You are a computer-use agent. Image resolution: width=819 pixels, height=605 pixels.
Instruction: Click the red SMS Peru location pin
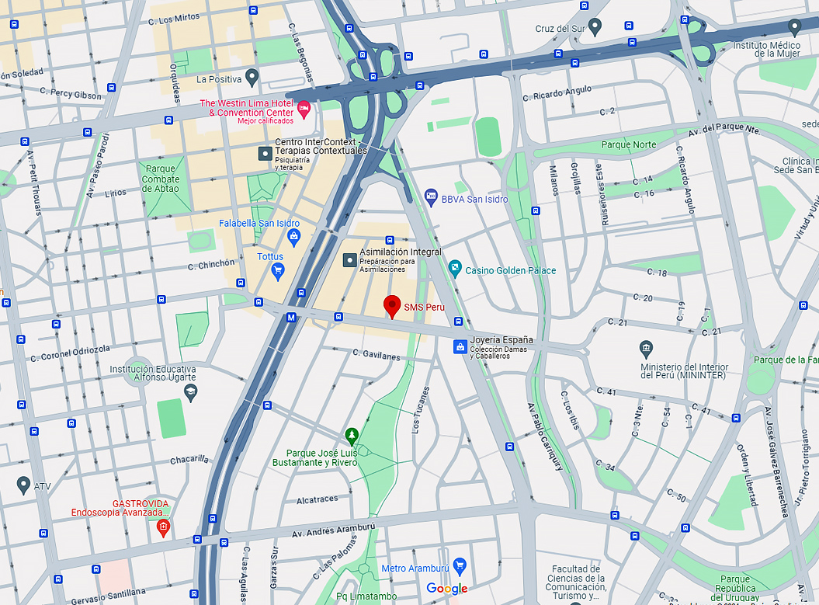tap(392, 306)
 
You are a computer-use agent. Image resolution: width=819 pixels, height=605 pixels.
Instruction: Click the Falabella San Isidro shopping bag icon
tap(293, 237)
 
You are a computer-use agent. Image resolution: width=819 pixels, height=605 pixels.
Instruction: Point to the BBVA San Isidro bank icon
tap(431, 199)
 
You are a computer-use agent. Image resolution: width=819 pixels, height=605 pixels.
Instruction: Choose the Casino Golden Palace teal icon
tap(455, 270)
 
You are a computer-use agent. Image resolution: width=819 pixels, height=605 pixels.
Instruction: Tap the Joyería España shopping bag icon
tap(460, 346)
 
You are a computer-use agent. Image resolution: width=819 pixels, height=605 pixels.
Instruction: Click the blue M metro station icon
tap(291, 317)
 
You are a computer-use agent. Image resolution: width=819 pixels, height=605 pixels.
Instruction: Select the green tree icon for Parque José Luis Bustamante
tap(351, 434)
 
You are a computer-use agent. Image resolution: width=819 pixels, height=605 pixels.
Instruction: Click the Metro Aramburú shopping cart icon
tap(459, 566)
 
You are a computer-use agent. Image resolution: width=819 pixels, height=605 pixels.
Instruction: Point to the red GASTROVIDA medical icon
tap(162, 529)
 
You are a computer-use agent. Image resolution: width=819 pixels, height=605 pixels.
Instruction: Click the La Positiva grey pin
tap(252, 77)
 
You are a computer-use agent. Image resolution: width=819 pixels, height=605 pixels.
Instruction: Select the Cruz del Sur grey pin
tap(595, 28)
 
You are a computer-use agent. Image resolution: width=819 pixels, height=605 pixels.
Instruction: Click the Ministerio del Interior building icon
tap(645, 347)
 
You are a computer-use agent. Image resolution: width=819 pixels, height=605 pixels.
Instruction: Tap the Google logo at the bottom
tap(447, 589)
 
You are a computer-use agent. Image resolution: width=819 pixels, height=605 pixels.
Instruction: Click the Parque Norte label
tap(628, 144)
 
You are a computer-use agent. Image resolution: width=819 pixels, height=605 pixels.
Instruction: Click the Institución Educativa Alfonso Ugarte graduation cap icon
tap(190, 390)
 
